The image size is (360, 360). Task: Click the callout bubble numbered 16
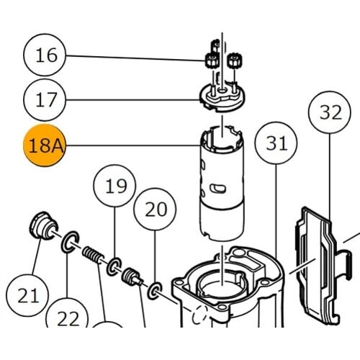click(45, 55)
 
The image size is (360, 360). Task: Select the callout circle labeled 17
click(45, 99)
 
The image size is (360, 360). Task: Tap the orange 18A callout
click(45, 145)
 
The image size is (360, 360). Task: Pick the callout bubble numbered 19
click(114, 186)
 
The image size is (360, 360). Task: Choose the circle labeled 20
click(155, 210)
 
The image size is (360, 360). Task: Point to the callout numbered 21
click(27, 295)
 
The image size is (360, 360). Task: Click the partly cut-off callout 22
click(67, 315)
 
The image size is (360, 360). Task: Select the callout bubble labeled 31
click(276, 143)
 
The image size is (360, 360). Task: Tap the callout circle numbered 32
click(330, 112)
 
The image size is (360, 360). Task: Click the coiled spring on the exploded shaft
click(93, 255)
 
